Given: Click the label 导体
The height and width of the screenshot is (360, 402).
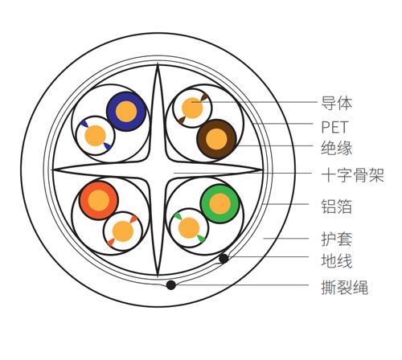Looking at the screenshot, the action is [337, 103].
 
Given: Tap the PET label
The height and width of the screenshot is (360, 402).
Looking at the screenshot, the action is [334, 127].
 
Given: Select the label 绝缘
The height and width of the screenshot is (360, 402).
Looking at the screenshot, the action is [337, 148].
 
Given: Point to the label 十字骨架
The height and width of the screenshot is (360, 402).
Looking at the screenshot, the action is [353, 176].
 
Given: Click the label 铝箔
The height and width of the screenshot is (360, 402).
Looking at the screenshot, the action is [337, 207].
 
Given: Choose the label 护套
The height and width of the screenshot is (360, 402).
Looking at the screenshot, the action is [337, 239].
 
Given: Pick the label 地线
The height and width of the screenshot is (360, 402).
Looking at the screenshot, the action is [337, 260].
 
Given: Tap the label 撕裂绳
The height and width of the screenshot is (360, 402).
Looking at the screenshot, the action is [345, 287].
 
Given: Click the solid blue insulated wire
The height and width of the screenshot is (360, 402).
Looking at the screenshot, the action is [126, 112].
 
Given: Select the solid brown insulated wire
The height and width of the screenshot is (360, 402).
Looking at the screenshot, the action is [216, 139].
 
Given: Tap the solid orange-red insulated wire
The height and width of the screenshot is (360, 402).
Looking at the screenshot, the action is [99, 201].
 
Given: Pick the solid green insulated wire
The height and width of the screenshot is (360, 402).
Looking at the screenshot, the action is [220, 204].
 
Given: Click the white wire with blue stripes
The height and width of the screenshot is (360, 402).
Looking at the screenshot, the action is [96, 136].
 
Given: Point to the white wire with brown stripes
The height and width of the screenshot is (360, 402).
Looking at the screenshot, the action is [192, 108].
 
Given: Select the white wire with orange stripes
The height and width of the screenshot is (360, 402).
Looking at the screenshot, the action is [123, 231].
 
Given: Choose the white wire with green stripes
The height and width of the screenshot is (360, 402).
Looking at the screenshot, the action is [189, 228].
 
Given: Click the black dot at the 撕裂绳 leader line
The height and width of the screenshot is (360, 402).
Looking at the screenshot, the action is [170, 285].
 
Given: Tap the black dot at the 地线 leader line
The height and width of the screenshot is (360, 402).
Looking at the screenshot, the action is [224, 259].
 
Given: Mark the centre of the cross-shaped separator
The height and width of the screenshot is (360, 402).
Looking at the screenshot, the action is [158, 170].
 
